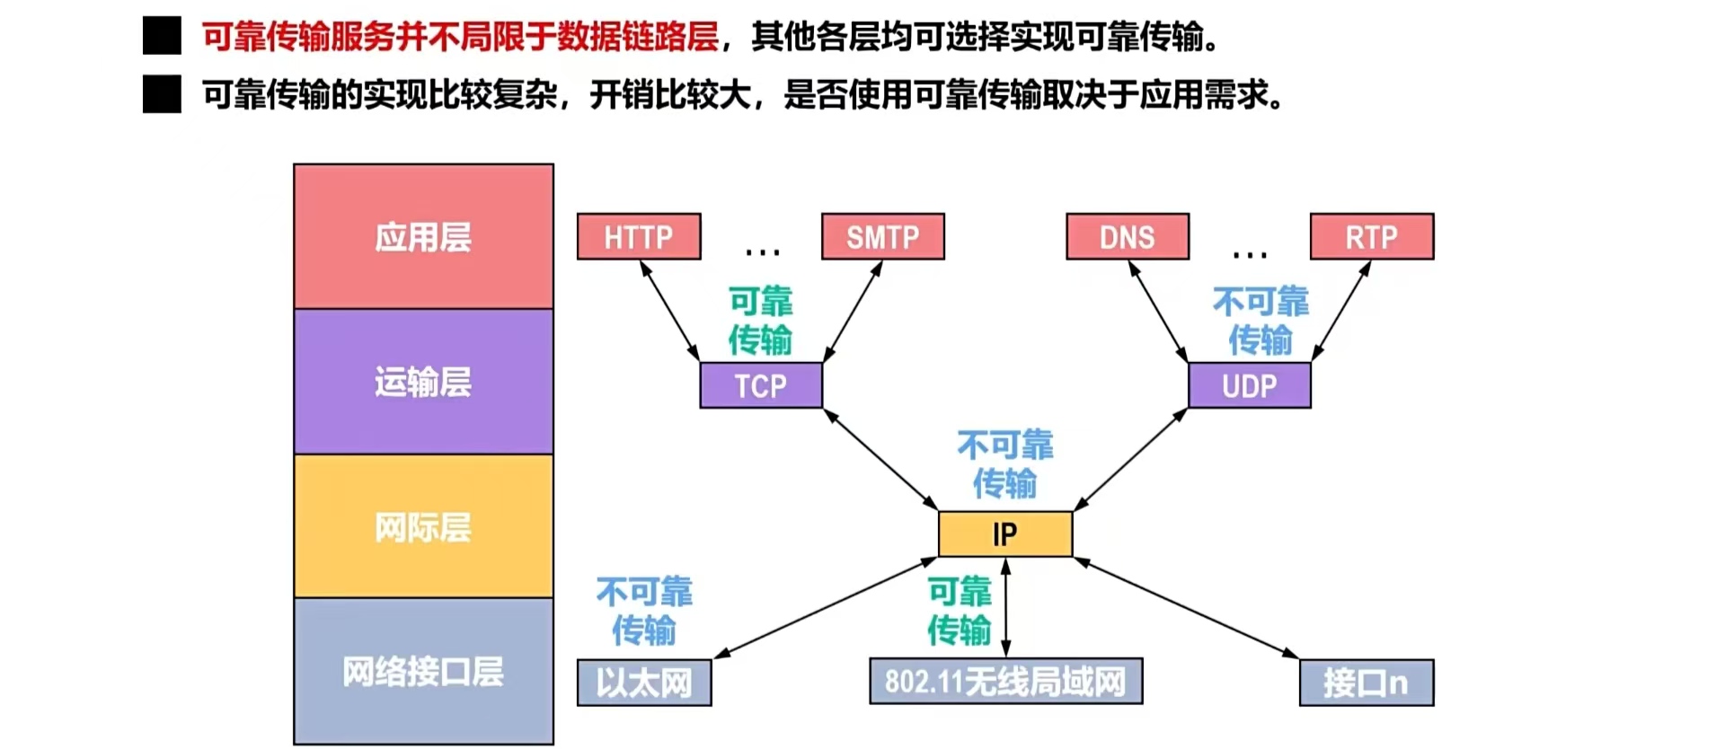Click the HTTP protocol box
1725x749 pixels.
[639, 237]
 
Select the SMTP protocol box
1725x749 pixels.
[883, 237]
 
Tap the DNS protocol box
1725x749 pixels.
[1128, 237]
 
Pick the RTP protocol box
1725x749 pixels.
[1372, 237]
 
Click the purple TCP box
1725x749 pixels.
[761, 386]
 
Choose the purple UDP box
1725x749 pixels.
[1250, 386]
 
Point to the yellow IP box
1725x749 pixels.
[1005, 534]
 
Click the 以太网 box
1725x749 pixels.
[644, 683]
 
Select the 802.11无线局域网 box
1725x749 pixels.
[1006, 682]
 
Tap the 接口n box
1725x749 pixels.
[1367, 683]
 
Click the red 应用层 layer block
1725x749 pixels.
[423, 237]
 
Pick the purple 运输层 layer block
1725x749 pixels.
[423, 382]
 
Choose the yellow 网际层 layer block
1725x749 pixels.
[423, 527]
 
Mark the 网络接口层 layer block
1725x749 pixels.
[423, 671]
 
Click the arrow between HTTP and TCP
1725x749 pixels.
[669, 311]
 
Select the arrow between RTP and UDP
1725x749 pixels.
[1341, 311]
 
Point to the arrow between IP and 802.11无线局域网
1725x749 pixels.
[1006, 607]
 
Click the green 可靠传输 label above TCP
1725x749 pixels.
[760, 321]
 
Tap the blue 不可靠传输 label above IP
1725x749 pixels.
[1005, 464]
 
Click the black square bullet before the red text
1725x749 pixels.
[162, 37]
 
